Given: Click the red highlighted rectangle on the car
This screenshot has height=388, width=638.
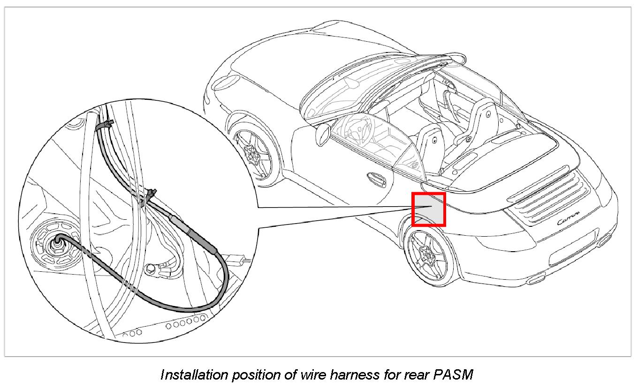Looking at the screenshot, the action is coord(428,209).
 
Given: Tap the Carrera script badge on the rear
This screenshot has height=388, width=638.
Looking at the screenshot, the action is coord(566,220).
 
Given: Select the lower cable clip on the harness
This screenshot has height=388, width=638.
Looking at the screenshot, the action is coord(151,194).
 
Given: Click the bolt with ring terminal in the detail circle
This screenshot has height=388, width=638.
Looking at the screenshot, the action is coord(151,268).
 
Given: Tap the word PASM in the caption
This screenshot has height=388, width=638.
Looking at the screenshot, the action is coord(454,374).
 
